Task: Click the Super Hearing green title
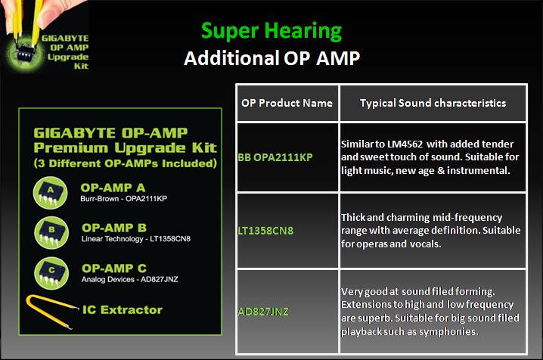[271, 31]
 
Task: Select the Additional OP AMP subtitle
[271, 59]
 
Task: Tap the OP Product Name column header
[287, 104]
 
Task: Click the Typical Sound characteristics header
[433, 104]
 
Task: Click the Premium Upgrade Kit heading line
[126, 147]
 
